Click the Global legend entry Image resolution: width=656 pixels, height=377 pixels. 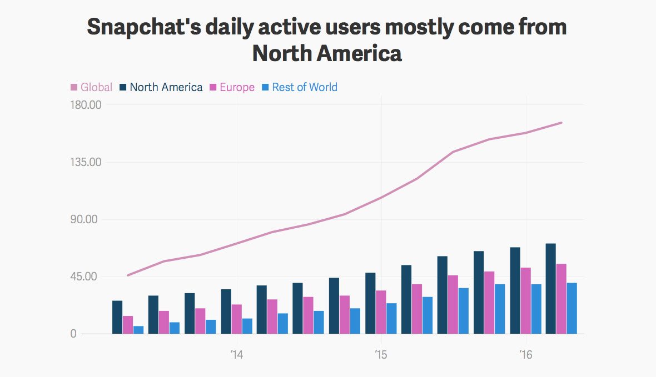[x=92, y=87]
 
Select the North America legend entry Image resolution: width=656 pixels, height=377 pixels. [x=161, y=87]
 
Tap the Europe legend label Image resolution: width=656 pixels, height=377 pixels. [x=232, y=87]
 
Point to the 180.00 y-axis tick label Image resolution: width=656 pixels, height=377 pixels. [x=82, y=105]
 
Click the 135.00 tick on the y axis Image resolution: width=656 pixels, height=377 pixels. [x=82, y=162]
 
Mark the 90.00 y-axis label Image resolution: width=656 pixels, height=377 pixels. [x=85, y=219]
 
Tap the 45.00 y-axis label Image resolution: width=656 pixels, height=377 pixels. [x=85, y=277]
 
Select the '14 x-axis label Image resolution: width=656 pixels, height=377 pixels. [x=237, y=354]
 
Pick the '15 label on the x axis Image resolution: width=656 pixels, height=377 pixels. [x=381, y=354]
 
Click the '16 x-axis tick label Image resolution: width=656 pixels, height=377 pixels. [x=525, y=354]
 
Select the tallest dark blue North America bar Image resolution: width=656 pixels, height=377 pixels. [x=551, y=289]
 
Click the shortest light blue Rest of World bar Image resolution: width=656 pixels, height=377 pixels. [x=138, y=330]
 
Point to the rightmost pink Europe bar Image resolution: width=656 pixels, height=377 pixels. [x=561, y=299]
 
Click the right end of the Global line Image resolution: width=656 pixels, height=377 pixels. [x=561, y=123]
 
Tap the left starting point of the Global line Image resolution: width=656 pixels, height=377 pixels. [x=128, y=275]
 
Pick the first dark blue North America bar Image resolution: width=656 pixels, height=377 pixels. [x=117, y=317]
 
